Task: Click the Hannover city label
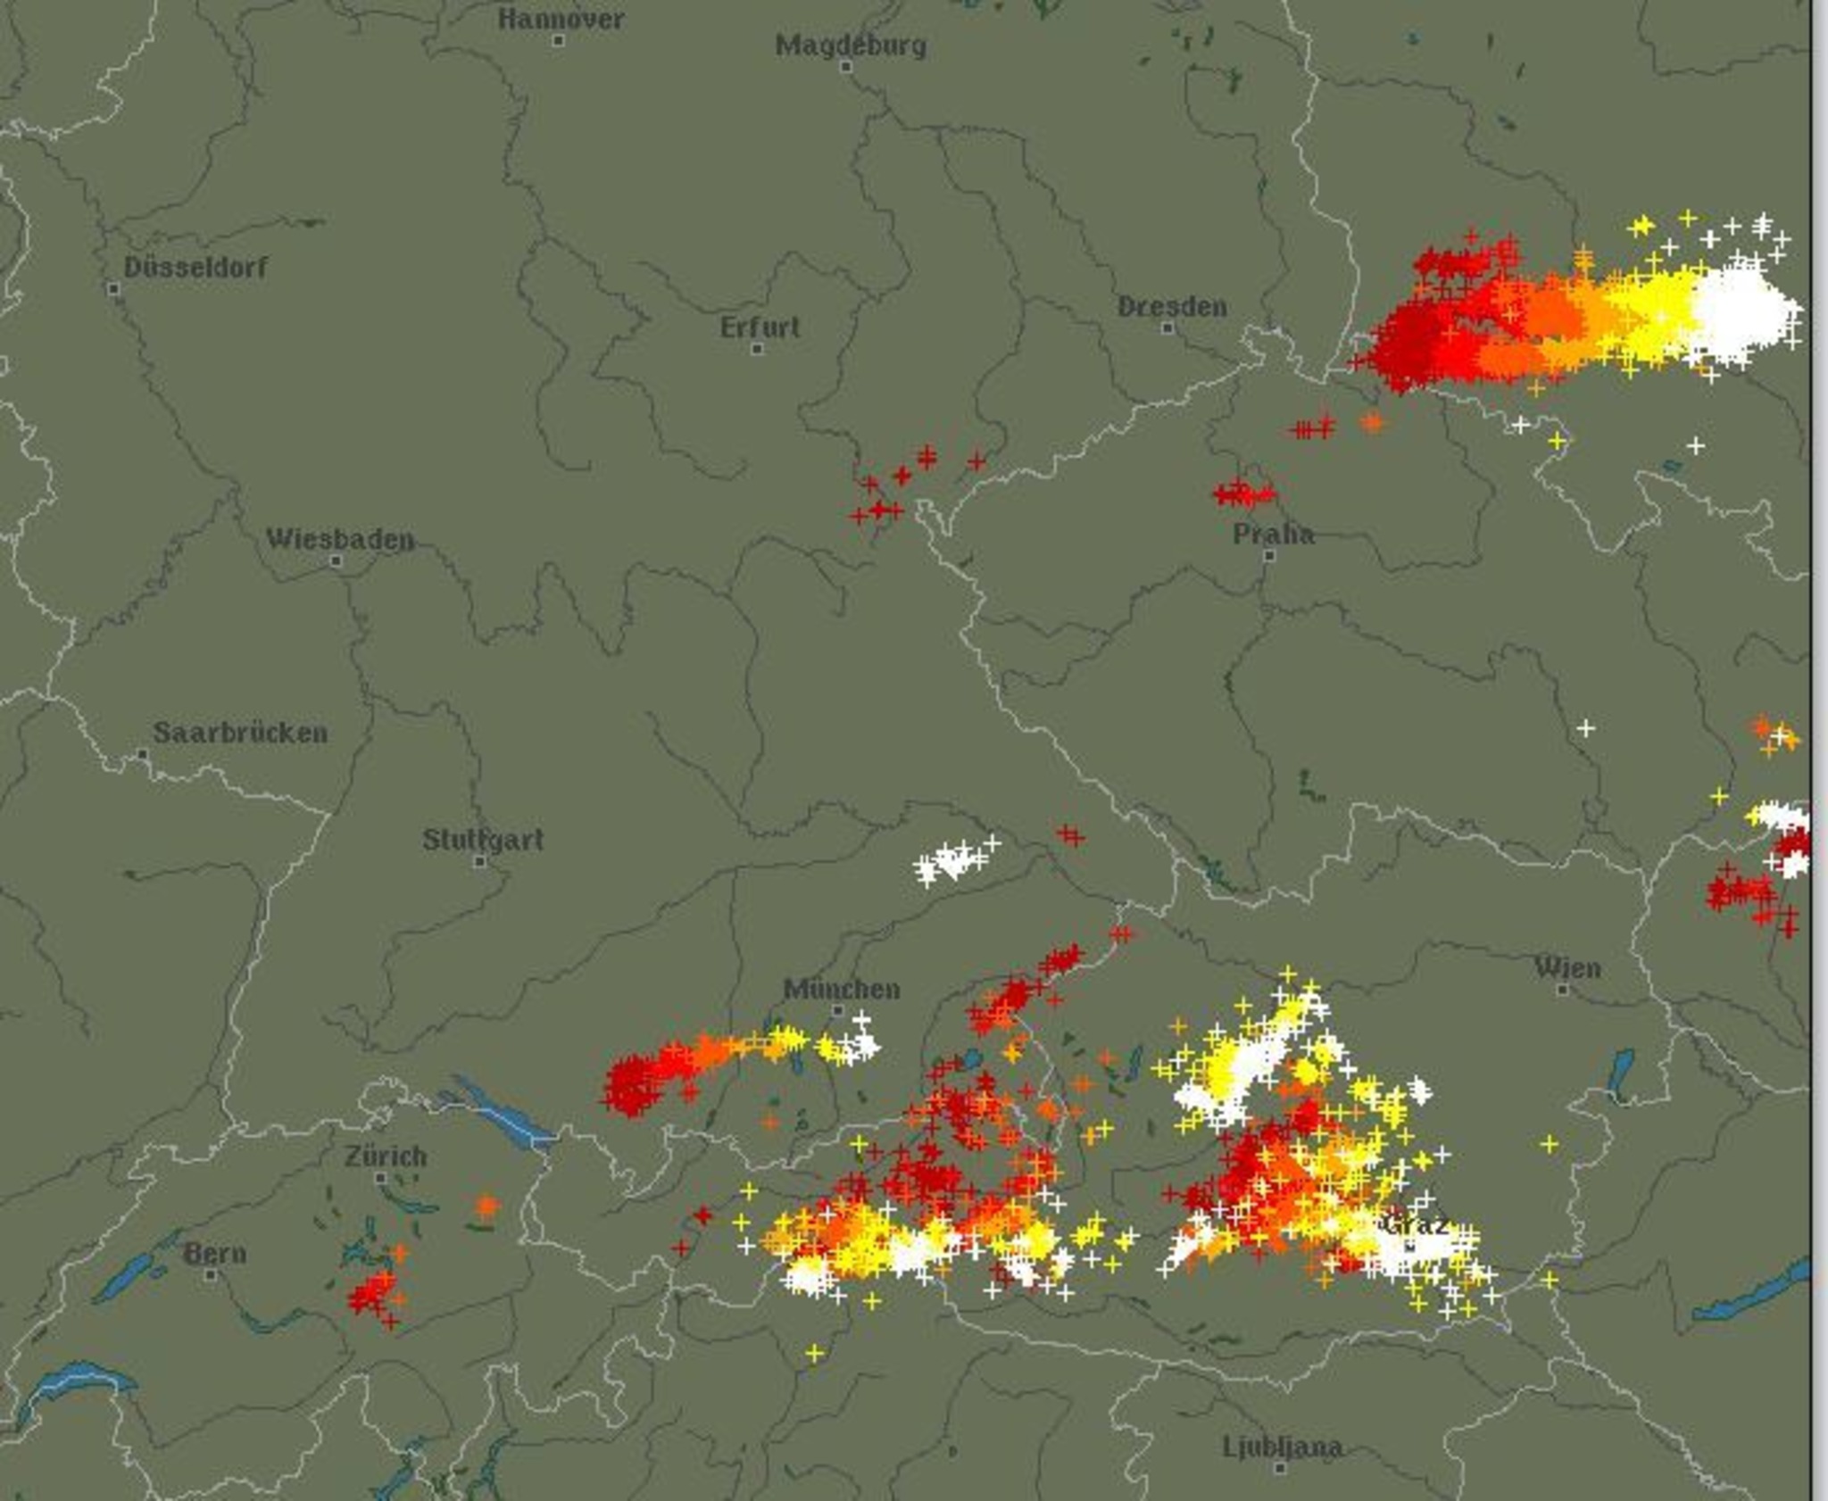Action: [561, 19]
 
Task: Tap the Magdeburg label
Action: [851, 45]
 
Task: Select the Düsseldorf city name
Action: [195, 267]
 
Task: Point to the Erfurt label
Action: [760, 328]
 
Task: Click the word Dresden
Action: [1172, 307]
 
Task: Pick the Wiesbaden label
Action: [340, 539]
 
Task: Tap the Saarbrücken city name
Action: [240, 733]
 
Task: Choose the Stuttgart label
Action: [483, 840]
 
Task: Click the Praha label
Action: [1273, 535]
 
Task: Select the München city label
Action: [842, 989]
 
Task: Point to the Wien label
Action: [1567, 967]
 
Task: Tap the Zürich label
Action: [386, 1157]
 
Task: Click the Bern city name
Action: [214, 1253]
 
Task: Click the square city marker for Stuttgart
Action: [480, 861]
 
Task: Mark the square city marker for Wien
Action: [1563, 989]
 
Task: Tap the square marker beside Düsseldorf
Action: [113, 288]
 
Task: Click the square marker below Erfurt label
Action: [757, 348]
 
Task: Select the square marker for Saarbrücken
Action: [143, 754]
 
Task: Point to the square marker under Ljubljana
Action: [1280, 1467]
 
